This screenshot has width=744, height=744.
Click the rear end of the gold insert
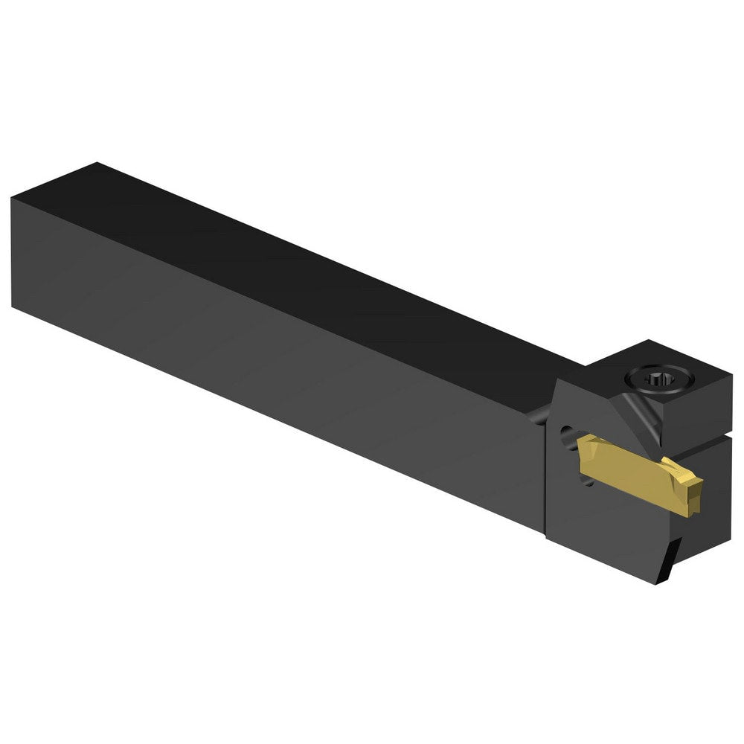(x=584, y=446)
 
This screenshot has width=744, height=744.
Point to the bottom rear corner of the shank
(x=13, y=305)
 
